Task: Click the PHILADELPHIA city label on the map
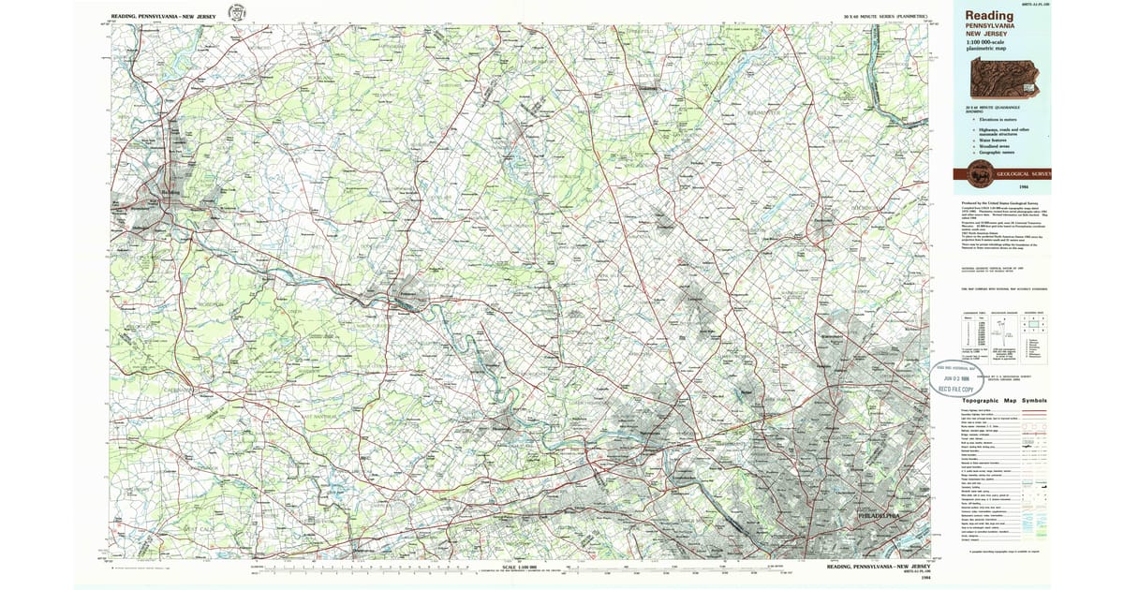point(878,516)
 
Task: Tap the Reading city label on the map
point(170,193)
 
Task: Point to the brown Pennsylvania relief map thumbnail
point(1004,79)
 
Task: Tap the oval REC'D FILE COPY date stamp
point(956,376)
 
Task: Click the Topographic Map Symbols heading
point(1003,401)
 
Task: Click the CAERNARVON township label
point(178,389)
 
